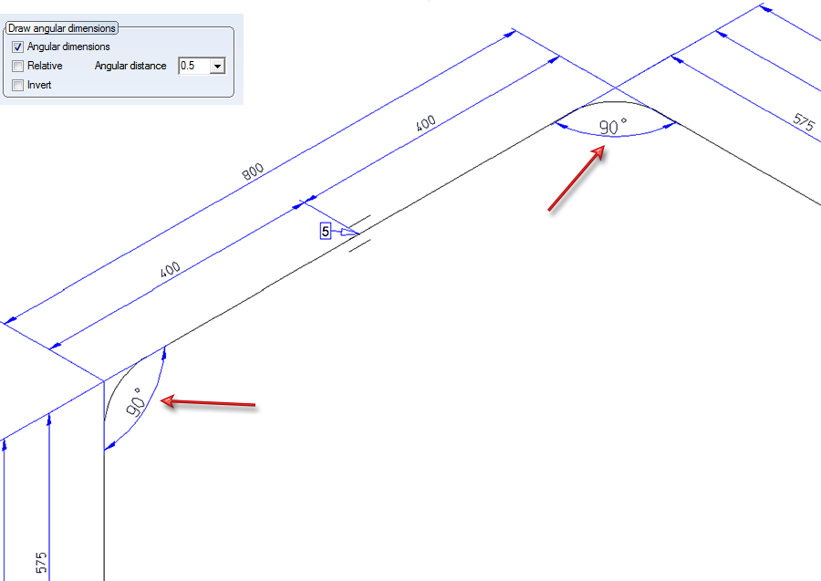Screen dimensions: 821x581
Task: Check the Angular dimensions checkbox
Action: [18, 47]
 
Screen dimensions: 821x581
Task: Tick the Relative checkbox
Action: [18, 66]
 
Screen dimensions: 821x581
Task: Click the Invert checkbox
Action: [18, 85]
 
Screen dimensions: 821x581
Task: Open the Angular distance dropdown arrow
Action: [217, 66]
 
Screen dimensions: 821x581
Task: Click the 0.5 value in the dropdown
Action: [187, 66]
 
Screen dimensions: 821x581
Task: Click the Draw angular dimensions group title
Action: [62, 28]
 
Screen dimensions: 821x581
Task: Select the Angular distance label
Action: [130, 66]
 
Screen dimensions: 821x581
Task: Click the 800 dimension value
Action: [253, 171]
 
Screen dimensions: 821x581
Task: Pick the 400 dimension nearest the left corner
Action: [171, 270]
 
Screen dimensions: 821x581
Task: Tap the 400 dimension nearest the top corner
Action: [425, 123]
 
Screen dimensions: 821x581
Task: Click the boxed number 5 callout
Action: [326, 231]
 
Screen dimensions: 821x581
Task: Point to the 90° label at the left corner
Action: [135, 402]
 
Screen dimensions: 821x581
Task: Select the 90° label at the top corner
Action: [613, 126]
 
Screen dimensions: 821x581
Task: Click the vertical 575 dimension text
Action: [41, 562]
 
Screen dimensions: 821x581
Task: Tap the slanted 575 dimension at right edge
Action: [803, 122]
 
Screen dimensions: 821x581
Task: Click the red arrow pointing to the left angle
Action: [208, 402]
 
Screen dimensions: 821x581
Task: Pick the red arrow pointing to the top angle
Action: [577, 178]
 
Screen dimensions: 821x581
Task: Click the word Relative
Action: [45, 66]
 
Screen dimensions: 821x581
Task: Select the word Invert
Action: [39, 85]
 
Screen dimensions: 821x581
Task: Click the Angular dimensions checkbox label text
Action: [68, 47]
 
